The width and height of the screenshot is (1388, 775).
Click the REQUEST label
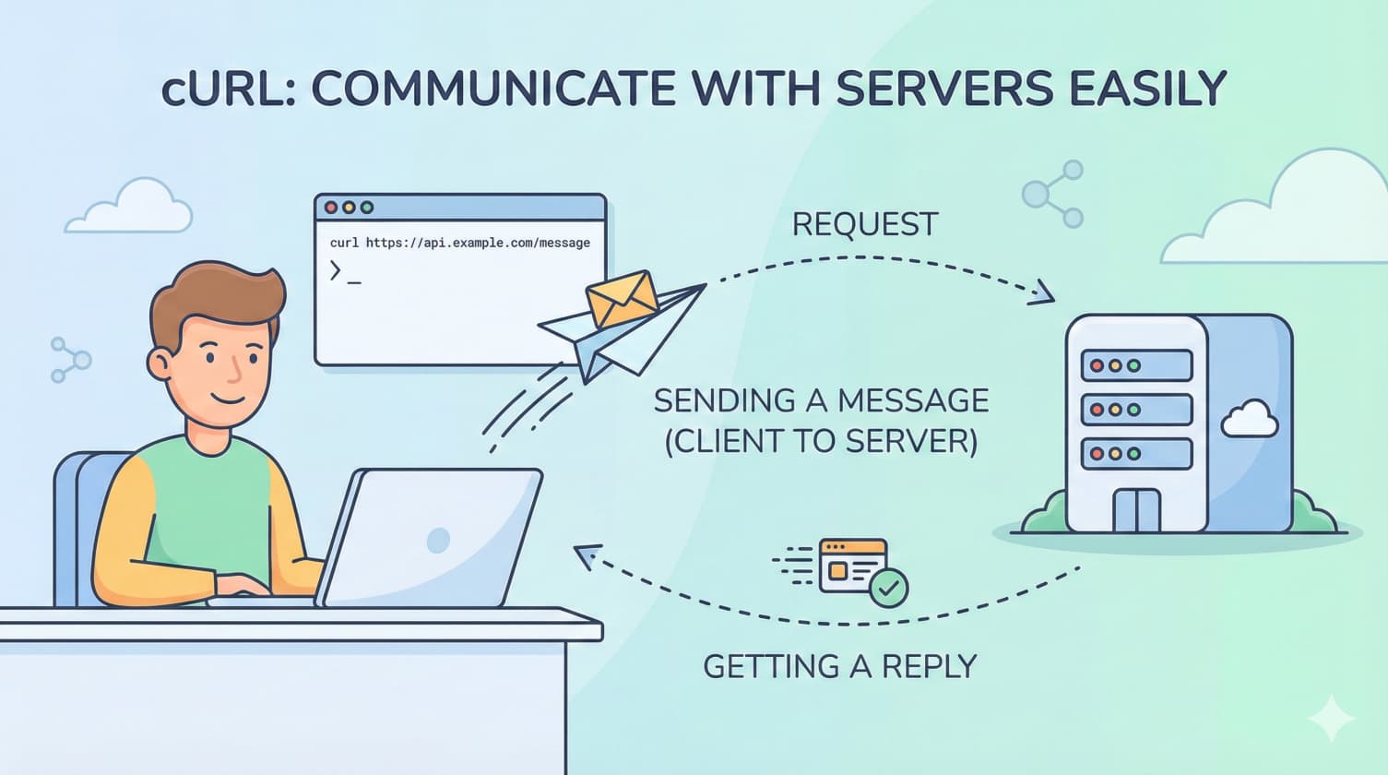tap(864, 224)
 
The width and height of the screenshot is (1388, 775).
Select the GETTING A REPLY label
tap(839, 666)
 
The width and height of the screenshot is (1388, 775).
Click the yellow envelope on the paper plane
tap(623, 299)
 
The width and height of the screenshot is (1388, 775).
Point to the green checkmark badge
tap(889, 588)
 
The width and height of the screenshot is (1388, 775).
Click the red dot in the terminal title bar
tap(331, 208)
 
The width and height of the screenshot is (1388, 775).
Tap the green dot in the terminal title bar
tap(366, 208)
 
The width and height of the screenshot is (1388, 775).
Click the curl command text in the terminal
tap(459, 243)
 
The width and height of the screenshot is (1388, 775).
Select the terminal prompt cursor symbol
tap(336, 271)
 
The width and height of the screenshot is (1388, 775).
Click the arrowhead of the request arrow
tap(1043, 293)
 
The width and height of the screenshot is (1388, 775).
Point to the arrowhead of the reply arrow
tap(585, 554)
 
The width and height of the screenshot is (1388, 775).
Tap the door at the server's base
tap(1136, 510)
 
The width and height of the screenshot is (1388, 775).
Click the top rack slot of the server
tap(1135, 365)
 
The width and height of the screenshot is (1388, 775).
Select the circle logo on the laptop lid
tap(438, 540)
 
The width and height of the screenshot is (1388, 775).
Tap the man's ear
tap(161, 363)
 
